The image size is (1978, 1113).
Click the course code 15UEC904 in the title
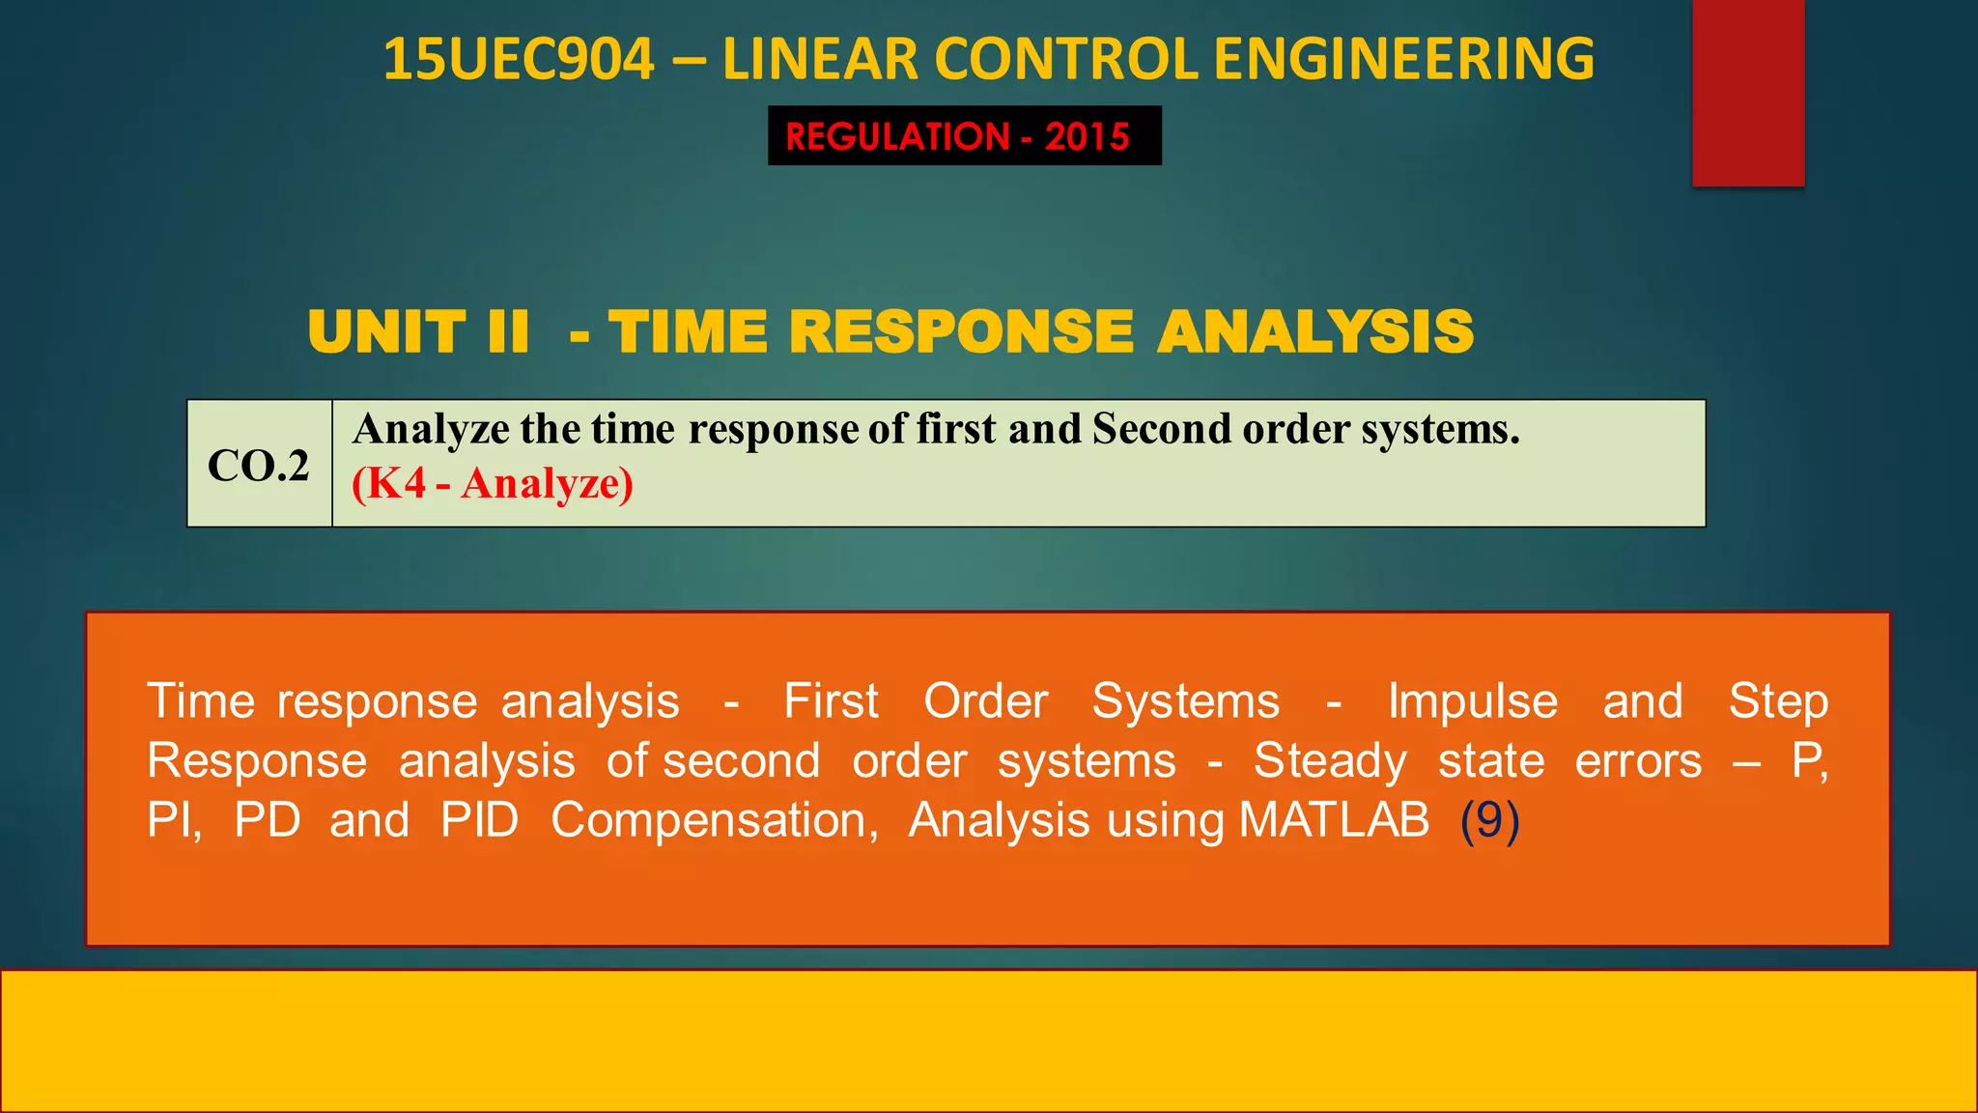click(519, 60)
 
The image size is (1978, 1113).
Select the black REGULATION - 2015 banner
click(964, 136)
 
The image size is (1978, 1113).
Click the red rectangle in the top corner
click(1747, 93)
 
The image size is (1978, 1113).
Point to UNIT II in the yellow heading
click(418, 332)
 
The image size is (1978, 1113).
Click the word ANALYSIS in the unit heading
click(1315, 332)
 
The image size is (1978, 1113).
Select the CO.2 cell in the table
click(259, 466)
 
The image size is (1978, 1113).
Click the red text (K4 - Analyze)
click(493, 483)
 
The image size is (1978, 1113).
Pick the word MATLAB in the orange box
click(1333, 820)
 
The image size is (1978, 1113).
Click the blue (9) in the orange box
click(1489, 820)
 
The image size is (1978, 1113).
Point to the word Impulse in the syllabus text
click(1472, 701)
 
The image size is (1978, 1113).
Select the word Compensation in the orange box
click(714, 820)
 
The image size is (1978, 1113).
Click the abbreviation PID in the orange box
click(479, 820)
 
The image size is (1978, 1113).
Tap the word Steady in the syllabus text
click(1330, 761)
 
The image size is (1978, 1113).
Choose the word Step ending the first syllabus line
click(1777, 701)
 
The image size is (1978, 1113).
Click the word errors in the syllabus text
click(1638, 761)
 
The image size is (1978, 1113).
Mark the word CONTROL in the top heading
click(1069, 60)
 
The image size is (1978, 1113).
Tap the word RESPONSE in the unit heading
click(961, 332)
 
